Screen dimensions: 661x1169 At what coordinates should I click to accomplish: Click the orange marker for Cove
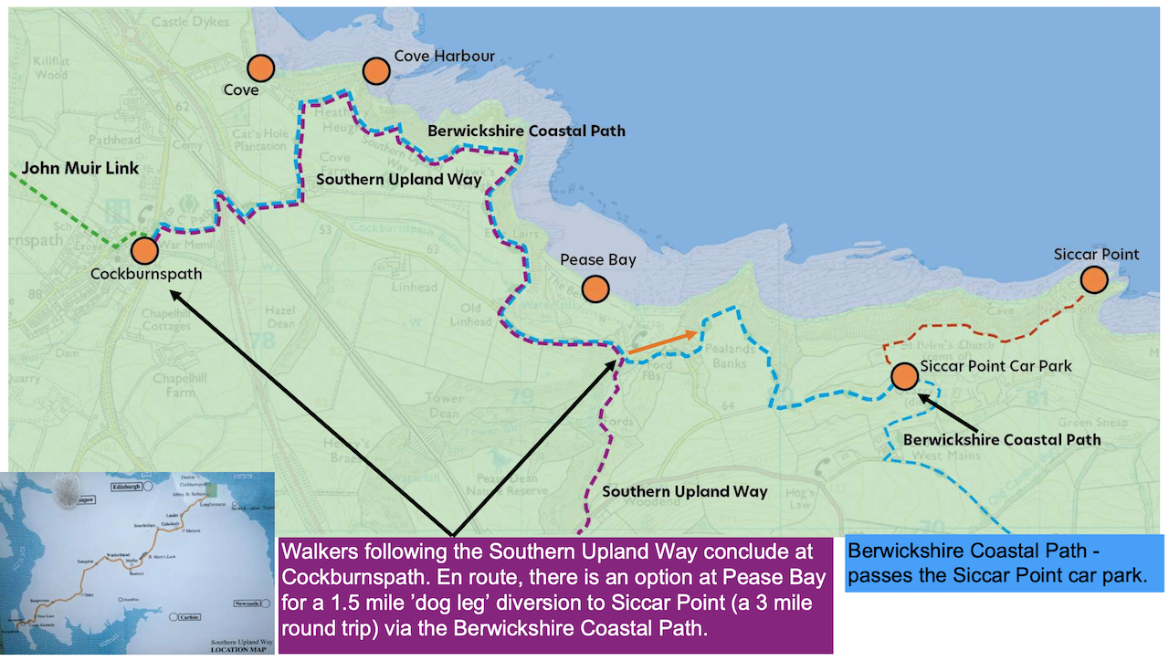(261, 68)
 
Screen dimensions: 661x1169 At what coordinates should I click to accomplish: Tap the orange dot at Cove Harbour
(375, 71)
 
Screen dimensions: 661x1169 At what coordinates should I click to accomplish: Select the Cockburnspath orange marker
(143, 250)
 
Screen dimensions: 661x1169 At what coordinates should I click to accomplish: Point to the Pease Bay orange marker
(595, 289)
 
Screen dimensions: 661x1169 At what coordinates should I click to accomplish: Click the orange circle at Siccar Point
(1094, 279)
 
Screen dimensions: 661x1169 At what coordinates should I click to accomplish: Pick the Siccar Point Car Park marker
(904, 375)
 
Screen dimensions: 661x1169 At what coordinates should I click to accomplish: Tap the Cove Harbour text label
(444, 57)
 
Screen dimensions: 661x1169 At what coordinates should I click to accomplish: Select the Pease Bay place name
(598, 260)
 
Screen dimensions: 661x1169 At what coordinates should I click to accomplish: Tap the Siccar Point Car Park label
(995, 366)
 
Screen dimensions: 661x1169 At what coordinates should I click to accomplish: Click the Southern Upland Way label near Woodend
(684, 491)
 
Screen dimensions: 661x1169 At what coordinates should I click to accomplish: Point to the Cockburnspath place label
(146, 273)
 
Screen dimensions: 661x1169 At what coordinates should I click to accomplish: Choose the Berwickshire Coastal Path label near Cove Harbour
(527, 131)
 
